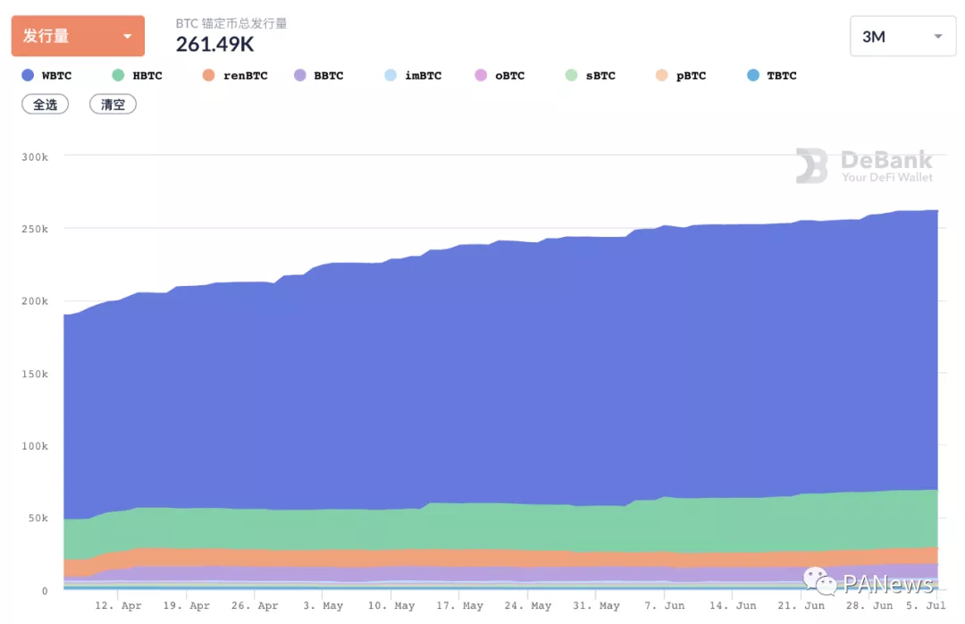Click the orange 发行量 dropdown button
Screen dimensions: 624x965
[x=78, y=36]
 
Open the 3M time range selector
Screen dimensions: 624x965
[x=902, y=36]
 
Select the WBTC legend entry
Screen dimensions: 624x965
[x=46, y=76]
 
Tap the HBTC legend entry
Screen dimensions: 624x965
[x=138, y=76]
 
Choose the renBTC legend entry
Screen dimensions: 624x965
[x=235, y=76]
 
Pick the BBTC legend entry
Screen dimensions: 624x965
[x=319, y=76]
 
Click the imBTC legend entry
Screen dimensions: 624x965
[x=413, y=76]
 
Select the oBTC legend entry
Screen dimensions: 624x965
[x=500, y=76]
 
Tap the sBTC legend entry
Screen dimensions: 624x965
[x=591, y=76]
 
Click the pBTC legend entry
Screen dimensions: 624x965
[x=681, y=76]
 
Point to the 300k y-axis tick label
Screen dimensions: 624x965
[x=35, y=156]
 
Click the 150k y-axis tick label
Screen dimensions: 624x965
[x=35, y=374]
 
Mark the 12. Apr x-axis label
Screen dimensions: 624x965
[x=118, y=606]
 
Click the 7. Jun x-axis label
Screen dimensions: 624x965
[x=665, y=606]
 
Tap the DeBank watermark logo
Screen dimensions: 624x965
[x=864, y=166]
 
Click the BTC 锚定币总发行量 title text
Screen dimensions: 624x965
[x=231, y=23]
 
